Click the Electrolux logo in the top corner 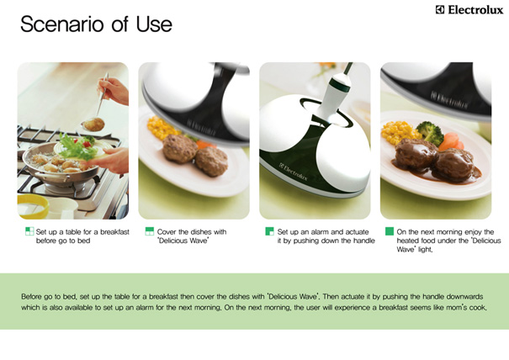coord(469,10)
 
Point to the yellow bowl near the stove coord(33,206)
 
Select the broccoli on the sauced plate coord(430,132)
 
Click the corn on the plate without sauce coord(162,128)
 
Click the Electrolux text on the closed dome coord(294,172)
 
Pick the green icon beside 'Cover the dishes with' coord(149,231)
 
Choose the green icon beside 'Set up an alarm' coord(269,231)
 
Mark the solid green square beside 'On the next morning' coord(390,231)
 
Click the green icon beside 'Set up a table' coord(29,231)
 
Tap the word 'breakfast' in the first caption coord(114,232)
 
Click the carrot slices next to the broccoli coord(451,141)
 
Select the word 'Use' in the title coord(154,24)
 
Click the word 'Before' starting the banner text coord(32,296)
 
